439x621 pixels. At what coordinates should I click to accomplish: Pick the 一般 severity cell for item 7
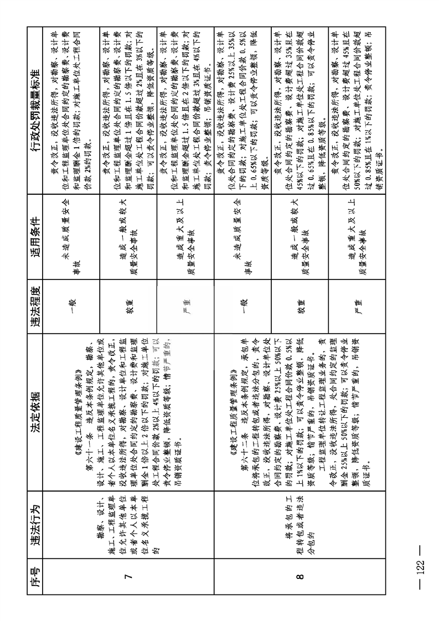click(72, 303)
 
